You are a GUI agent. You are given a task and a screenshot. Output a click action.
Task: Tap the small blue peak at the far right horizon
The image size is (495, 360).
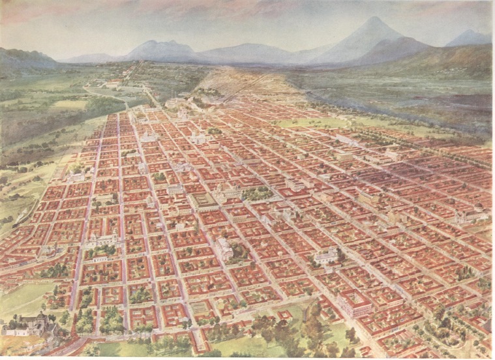click(x=470, y=34)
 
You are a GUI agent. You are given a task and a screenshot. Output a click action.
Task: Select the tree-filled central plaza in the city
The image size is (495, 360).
click(x=256, y=193)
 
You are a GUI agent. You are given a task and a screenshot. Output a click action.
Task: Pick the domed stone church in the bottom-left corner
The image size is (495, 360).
click(x=30, y=322)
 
